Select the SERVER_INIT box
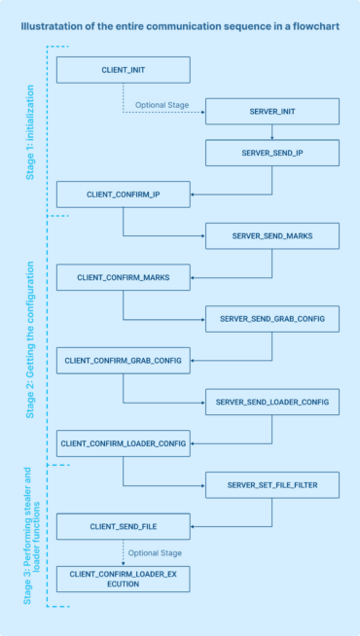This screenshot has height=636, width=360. tap(271, 113)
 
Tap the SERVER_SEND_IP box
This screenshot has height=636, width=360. tap(271, 154)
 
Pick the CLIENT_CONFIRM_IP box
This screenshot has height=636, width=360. tap(123, 194)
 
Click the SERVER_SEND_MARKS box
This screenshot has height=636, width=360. tap(271, 236)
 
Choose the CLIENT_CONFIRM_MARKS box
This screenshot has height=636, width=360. tap(123, 277)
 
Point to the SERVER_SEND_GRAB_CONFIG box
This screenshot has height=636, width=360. tap(271, 319)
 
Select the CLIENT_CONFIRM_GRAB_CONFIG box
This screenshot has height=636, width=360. tap(123, 360)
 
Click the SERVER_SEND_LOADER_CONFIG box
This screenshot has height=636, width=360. tap(271, 402)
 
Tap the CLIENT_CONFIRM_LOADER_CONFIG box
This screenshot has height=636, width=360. tap(123, 442)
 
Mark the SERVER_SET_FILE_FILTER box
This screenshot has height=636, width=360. tap(271, 484)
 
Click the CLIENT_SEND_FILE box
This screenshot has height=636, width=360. tap(123, 526)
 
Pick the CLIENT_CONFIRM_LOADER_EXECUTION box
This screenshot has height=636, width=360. tap(123, 580)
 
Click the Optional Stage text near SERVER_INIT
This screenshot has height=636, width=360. tap(162, 104)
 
